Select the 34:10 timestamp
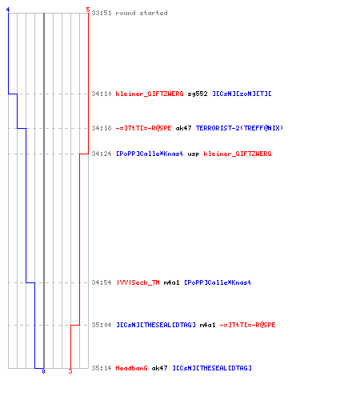coord(102,94)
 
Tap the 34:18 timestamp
coord(102,128)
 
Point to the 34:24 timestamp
coord(102,154)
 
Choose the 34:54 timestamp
coord(102,282)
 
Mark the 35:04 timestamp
coord(102,325)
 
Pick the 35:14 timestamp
coord(102,368)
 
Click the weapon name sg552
coord(198,94)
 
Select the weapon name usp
coord(194,154)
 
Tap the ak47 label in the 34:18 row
coord(183,128)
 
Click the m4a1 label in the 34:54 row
coord(171,282)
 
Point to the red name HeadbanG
coord(131,368)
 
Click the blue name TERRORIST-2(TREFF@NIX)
coord(239,128)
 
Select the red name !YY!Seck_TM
coord(138,282)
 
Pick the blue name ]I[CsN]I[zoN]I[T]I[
coord(242,94)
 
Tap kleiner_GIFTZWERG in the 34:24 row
coord(238,154)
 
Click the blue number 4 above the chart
coord(8,10)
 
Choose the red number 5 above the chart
coord(88,10)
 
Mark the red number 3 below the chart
coord(70,371)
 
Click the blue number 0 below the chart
coord(43,371)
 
